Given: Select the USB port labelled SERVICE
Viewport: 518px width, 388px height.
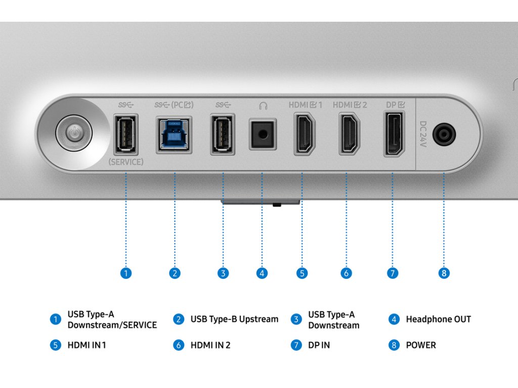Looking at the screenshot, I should pos(126,135).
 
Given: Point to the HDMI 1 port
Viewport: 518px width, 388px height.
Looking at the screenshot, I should pos(305,133).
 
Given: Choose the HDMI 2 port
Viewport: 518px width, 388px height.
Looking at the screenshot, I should pos(349,133).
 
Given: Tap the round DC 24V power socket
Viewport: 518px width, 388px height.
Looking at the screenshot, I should pos(444,135).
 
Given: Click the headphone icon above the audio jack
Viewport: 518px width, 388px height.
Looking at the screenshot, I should pos(263,106).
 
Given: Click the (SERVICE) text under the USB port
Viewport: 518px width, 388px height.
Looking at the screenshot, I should pos(126,162).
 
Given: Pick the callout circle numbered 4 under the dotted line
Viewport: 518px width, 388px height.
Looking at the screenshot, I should pos(262,273).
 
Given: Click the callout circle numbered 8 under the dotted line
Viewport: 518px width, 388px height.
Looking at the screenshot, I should pos(444,273).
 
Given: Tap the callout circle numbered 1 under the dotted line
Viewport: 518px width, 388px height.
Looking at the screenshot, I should pos(126,273).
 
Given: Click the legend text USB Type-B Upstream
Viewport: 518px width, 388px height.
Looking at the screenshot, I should pos(234,319).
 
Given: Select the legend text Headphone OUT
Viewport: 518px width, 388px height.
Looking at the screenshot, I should pos(438,319).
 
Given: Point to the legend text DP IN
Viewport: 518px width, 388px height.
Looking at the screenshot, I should pos(319,346).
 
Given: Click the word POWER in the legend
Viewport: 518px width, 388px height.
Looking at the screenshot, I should pos(420,346).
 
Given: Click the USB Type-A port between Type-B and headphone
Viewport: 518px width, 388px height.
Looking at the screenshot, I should pos(223,135).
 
